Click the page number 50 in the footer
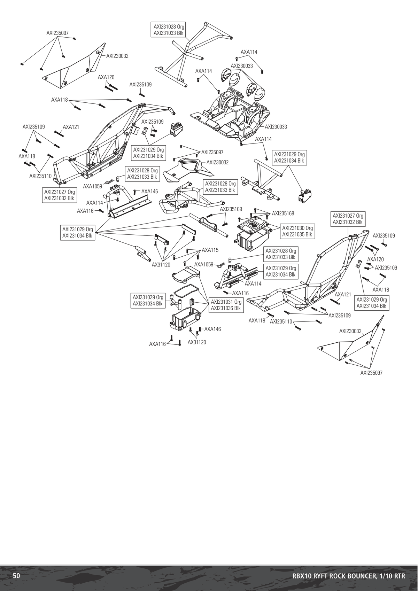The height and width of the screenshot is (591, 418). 16,576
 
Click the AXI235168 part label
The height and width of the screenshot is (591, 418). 283,213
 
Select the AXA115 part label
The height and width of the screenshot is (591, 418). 210,250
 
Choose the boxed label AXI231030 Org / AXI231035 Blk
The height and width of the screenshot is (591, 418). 297,231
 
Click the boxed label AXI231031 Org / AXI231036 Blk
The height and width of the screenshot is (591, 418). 226,305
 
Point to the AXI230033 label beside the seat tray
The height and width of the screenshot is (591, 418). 276,127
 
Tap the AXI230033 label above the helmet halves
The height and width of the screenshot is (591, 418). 242,66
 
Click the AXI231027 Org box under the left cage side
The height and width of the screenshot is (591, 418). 59,195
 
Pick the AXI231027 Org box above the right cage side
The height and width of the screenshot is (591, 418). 348,219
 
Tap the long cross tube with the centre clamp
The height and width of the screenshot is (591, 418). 208,226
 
